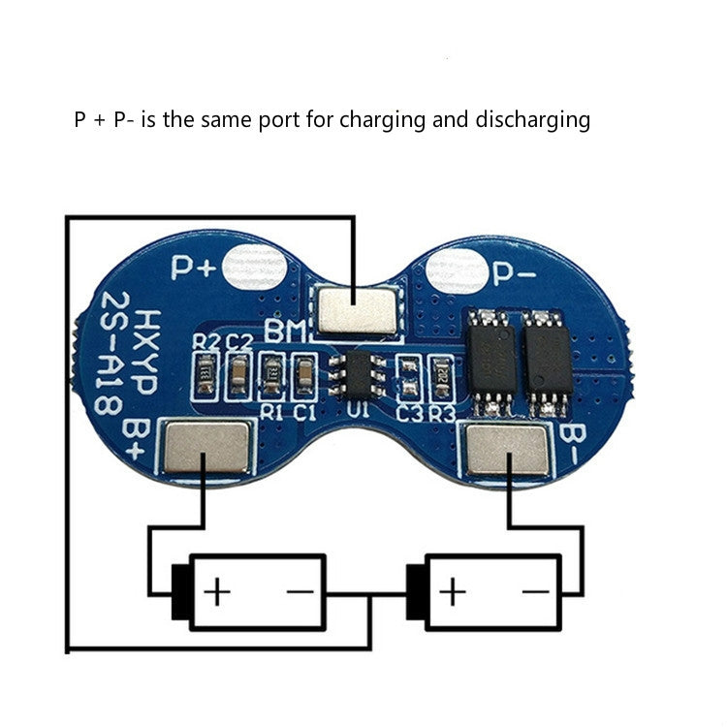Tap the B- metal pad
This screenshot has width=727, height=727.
(x=507, y=448)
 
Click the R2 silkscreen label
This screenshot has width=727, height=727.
(x=205, y=341)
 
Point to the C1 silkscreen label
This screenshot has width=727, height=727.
(x=304, y=411)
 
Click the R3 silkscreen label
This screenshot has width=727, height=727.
(x=442, y=413)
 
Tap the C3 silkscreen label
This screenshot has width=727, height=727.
(x=410, y=413)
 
